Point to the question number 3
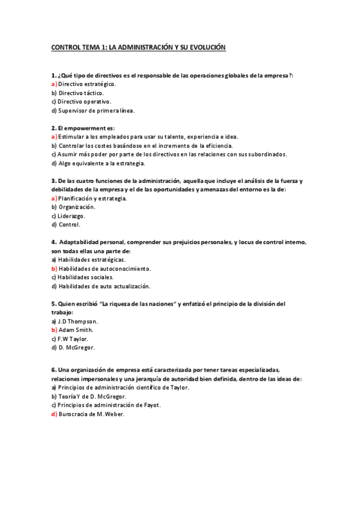[53, 181]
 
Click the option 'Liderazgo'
[72, 216]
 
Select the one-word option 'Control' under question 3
[69, 225]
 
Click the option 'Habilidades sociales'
[85, 277]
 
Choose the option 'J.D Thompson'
[78, 321]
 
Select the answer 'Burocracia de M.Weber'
[91, 414]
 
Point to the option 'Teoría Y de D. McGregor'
[92, 396]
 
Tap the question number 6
[53, 370]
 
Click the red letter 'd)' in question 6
[54, 414]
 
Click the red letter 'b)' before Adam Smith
[54, 330]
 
